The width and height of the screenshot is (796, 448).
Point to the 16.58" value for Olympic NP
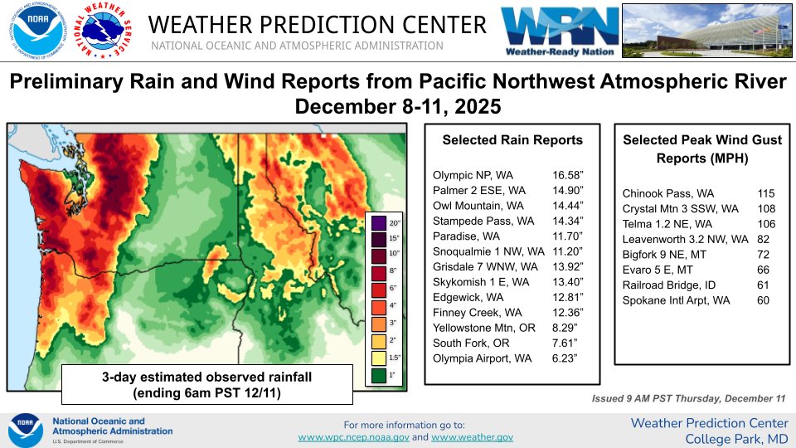[568, 175]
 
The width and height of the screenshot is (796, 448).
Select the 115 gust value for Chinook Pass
[765, 193]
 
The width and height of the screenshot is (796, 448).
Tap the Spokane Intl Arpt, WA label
[676, 299]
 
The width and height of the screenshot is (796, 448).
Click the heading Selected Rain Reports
[512, 140]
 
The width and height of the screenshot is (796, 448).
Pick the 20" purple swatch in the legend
[379, 223]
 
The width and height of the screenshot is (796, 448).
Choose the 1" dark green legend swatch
[379, 375]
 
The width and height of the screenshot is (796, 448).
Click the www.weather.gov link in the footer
[472, 437]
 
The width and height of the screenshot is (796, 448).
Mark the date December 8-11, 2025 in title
[397, 107]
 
